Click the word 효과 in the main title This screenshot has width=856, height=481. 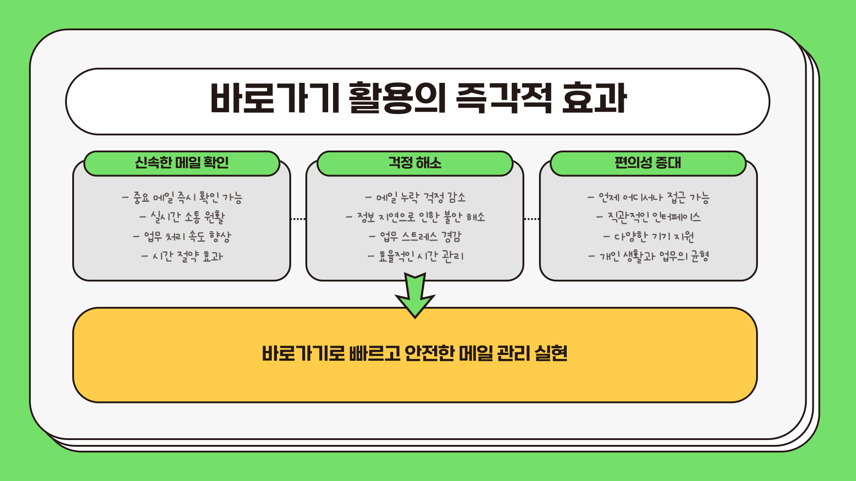594,98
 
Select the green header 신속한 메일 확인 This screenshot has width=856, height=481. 182,163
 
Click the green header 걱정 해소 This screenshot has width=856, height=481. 415,163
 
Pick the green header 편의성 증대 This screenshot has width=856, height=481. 648,163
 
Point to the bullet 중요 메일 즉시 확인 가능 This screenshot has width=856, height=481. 182,197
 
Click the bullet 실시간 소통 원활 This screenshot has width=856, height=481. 182,217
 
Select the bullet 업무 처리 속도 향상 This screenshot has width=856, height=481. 182,236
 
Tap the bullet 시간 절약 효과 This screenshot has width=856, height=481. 182,256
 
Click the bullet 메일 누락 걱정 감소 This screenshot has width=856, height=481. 416,197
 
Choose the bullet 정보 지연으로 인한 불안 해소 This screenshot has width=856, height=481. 416,217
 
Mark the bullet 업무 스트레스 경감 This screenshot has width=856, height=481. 416,236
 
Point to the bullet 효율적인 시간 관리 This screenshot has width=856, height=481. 416,256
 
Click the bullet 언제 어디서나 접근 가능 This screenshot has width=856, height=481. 649,197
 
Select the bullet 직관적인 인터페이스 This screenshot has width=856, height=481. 649,217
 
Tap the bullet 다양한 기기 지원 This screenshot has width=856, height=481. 649,236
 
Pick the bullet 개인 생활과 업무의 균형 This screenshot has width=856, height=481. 649,256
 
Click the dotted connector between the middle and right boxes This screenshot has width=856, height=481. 531,219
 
